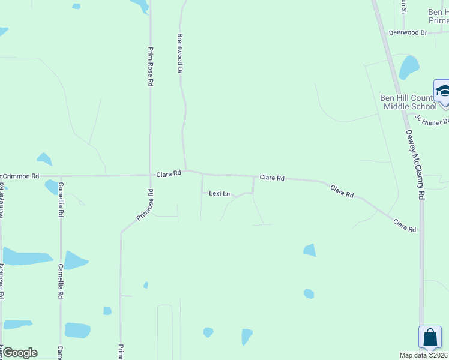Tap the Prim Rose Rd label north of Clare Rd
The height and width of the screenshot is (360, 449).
[151, 67]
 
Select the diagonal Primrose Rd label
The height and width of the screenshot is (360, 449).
[146, 205]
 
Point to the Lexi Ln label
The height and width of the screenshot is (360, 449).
[219, 194]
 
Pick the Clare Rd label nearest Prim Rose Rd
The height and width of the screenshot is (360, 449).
[169, 174]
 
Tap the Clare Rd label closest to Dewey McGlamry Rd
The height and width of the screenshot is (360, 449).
[405, 226]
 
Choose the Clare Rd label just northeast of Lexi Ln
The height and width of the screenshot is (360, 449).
[272, 178]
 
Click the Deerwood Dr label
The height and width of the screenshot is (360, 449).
[408, 32]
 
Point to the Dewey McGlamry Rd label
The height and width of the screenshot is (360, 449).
[415, 165]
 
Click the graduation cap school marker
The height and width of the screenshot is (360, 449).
[443, 92]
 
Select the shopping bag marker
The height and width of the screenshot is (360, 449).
[430, 337]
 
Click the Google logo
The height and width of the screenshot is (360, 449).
[20, 353]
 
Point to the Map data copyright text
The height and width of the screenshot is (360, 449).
[424, 355]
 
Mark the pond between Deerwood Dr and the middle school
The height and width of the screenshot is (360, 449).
[409, 67]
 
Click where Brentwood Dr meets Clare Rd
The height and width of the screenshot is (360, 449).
[185, 170]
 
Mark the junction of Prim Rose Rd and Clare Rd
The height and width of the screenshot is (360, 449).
[150, 175]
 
